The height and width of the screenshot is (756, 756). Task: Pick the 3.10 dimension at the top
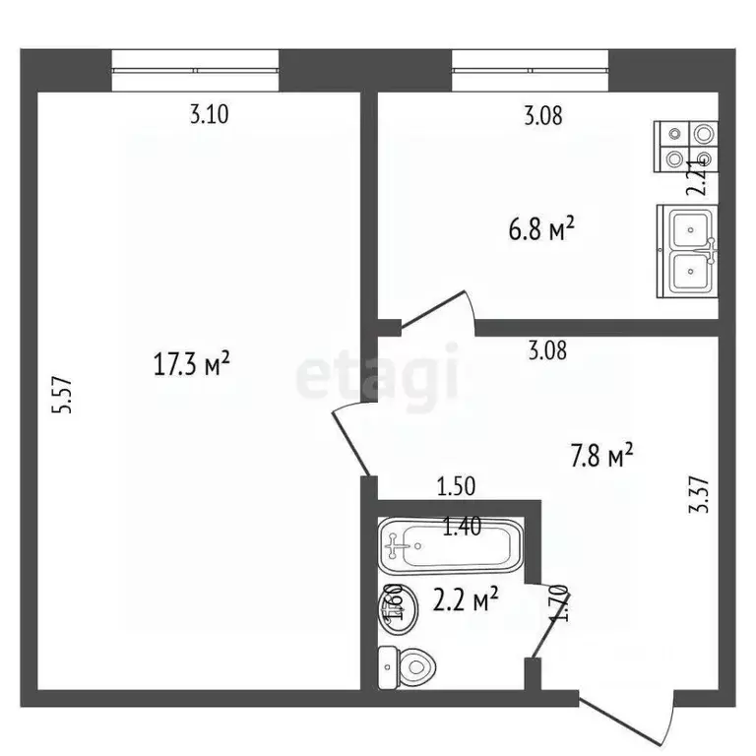coord(209,115)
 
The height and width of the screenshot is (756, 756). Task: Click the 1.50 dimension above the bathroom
coord(457,484)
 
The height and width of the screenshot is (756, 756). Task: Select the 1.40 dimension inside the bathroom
coord(462,528)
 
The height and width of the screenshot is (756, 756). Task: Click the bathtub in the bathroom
coord(448,544)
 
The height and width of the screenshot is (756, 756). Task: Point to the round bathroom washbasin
coord(392,606)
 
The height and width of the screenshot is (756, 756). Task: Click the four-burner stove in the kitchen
coord(687,146)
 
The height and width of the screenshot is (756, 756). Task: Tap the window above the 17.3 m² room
coord(196,71)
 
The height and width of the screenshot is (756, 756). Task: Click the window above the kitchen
coord(531,71)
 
